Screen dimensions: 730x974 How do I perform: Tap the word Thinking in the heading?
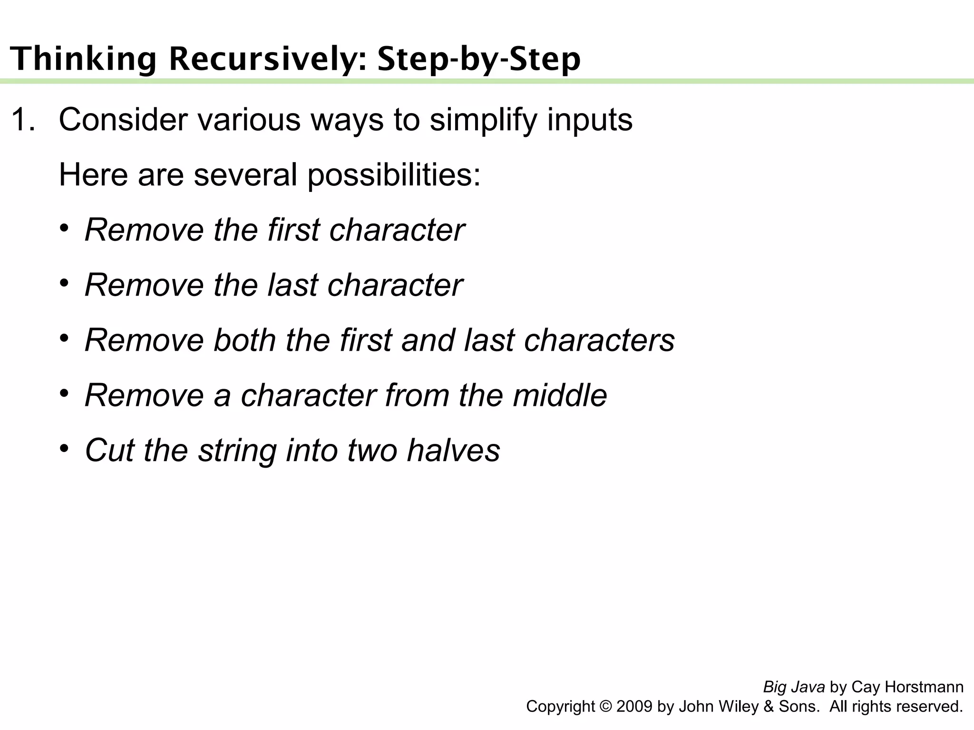tap(83, 59)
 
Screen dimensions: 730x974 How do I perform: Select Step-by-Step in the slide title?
tap(479, 59)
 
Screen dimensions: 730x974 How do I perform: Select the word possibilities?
tap(394, 175)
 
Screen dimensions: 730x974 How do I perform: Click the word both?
tap(244, 340)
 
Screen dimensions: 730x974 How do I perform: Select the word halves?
tap(453, 451)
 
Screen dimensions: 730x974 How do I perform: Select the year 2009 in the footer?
tap(634, 707)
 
